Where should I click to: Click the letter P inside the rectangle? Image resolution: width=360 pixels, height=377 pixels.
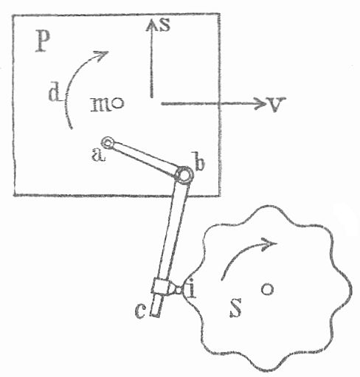(43, 42)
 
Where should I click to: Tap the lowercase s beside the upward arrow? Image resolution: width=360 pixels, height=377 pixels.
(165, 25)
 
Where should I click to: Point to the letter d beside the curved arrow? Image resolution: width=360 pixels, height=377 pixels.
(55, 94)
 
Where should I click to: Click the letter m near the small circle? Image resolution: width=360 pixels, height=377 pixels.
(101, 104)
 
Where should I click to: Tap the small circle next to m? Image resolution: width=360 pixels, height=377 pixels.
(118, 103)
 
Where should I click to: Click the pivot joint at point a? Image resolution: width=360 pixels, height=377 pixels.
(108, 142)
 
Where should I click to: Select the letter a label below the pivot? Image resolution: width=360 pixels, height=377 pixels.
(98, 156)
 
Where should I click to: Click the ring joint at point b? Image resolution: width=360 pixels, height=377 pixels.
(184, 175)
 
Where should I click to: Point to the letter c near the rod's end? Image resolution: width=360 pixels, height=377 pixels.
(141, 311)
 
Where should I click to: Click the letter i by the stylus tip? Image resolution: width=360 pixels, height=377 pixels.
(192, 288)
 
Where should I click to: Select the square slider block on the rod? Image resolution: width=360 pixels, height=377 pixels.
(161, 286)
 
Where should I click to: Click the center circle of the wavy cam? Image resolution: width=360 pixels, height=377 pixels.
(267, 289)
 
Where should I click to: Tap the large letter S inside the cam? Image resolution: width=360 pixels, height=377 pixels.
(236, 308)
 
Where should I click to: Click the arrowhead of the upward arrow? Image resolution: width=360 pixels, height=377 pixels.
(152, 25)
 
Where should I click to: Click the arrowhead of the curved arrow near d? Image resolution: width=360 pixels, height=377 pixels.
(102, 55)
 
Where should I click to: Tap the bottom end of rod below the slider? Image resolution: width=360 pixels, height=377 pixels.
(155, 315)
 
